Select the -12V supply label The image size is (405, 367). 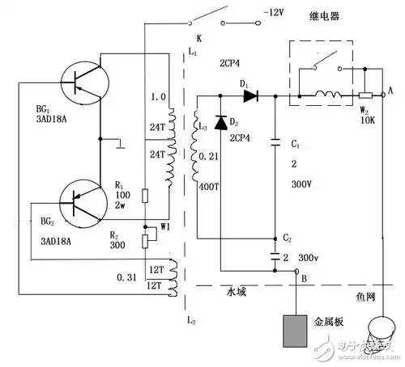(275, 14)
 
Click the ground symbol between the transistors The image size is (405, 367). (119, 146)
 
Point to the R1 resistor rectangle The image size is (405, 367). (143, 195)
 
